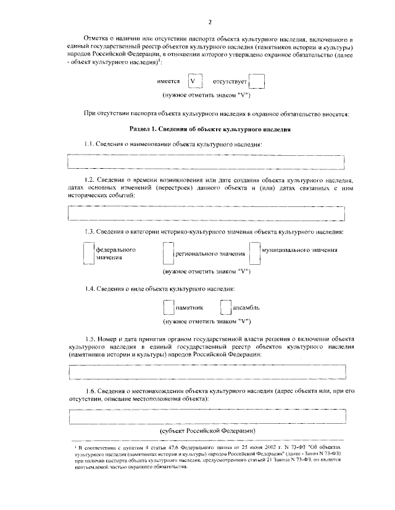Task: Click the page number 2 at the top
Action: [210, 23]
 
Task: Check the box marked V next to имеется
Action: [194, 81]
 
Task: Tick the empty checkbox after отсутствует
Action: [257, 81]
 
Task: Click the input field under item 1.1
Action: [206, 162]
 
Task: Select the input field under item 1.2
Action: [206, 213]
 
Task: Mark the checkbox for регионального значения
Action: [167, 253]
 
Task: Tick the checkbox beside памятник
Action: [167, 307]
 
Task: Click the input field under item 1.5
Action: [206, 373]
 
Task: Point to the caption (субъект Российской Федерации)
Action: [207, 431]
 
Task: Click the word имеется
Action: [168, 81]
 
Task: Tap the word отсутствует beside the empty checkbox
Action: [230, 81]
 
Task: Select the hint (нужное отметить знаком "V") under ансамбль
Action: [206, 321]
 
